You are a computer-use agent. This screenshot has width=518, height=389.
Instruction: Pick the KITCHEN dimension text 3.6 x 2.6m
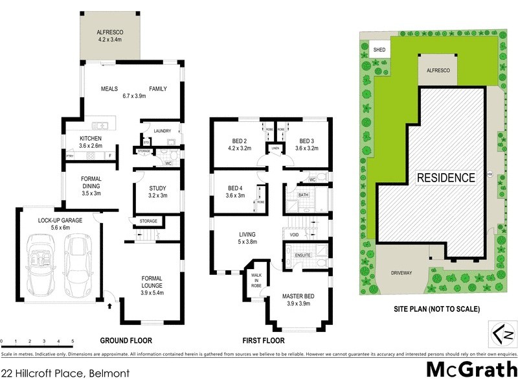pos(91,147)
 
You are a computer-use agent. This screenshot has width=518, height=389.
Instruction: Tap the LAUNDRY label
pos(162,131)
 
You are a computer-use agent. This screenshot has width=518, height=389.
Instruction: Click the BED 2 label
pos(240,141)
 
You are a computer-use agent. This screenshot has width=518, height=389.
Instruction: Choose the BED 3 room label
pos(306,141)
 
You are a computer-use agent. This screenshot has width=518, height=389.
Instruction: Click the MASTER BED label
pos(298,296)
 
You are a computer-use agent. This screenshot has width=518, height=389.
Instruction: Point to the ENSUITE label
pos(303,255)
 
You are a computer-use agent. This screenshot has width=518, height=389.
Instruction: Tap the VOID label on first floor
pos(294,235)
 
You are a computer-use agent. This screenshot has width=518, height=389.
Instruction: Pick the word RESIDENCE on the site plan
pos(445,177)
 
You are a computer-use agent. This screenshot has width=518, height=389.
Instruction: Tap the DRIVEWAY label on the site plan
pos(401,273)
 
